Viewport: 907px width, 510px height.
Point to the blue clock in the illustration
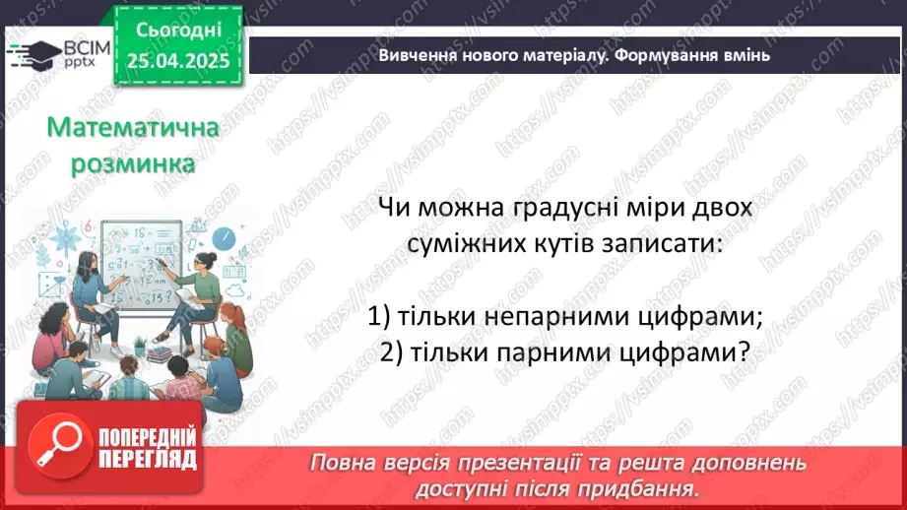click(x=224, y=238)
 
